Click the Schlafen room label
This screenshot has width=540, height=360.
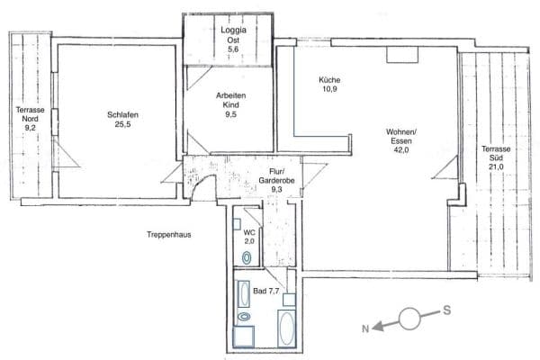[122, 114]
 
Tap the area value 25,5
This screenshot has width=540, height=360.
[122, 125]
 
